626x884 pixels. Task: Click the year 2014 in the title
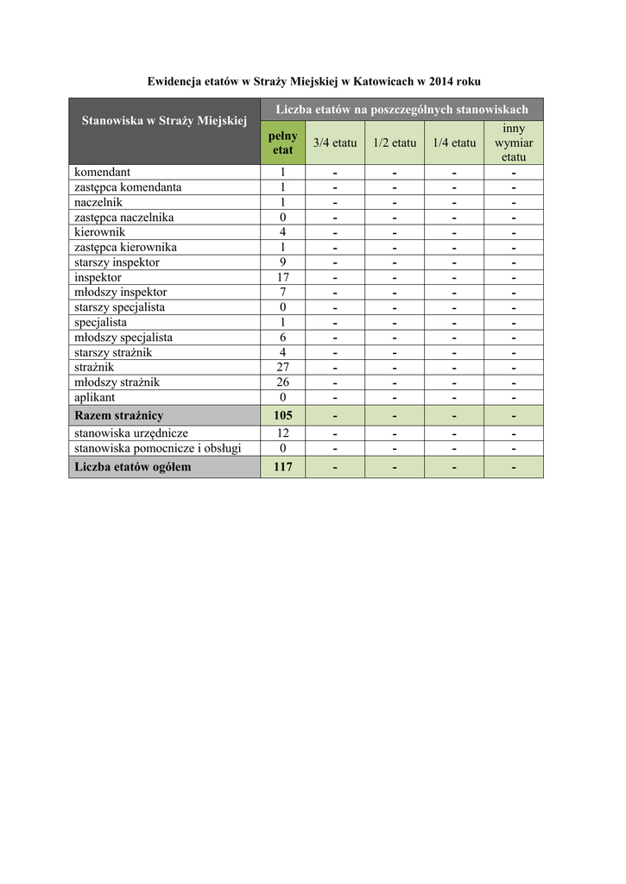(433, 80)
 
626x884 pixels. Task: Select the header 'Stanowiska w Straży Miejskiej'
(164, 121)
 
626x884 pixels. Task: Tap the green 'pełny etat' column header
(282, 142)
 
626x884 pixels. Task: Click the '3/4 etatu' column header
(335, 142)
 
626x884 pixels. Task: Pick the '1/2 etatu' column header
(394, 142)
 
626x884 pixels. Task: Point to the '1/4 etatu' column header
(454, 142)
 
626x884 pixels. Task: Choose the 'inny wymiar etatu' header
(514, 142)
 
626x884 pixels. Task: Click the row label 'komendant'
(103, 172)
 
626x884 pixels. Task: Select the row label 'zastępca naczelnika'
(124, 217)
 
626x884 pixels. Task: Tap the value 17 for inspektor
(282, 277)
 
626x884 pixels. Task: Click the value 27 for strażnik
(282, 367)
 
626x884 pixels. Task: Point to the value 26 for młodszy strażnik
(282, 382)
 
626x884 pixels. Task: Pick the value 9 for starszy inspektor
(282, 262)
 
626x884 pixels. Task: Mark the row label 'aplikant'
(96, 397)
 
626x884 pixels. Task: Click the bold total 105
(282, 415)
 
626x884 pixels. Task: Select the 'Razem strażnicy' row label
(119, 415)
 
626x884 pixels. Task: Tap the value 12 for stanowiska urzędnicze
(282, 433)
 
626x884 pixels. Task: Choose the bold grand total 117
(282, 467)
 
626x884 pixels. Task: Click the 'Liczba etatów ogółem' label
(133, 467)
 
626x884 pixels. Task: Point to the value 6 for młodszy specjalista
(282, 337)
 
